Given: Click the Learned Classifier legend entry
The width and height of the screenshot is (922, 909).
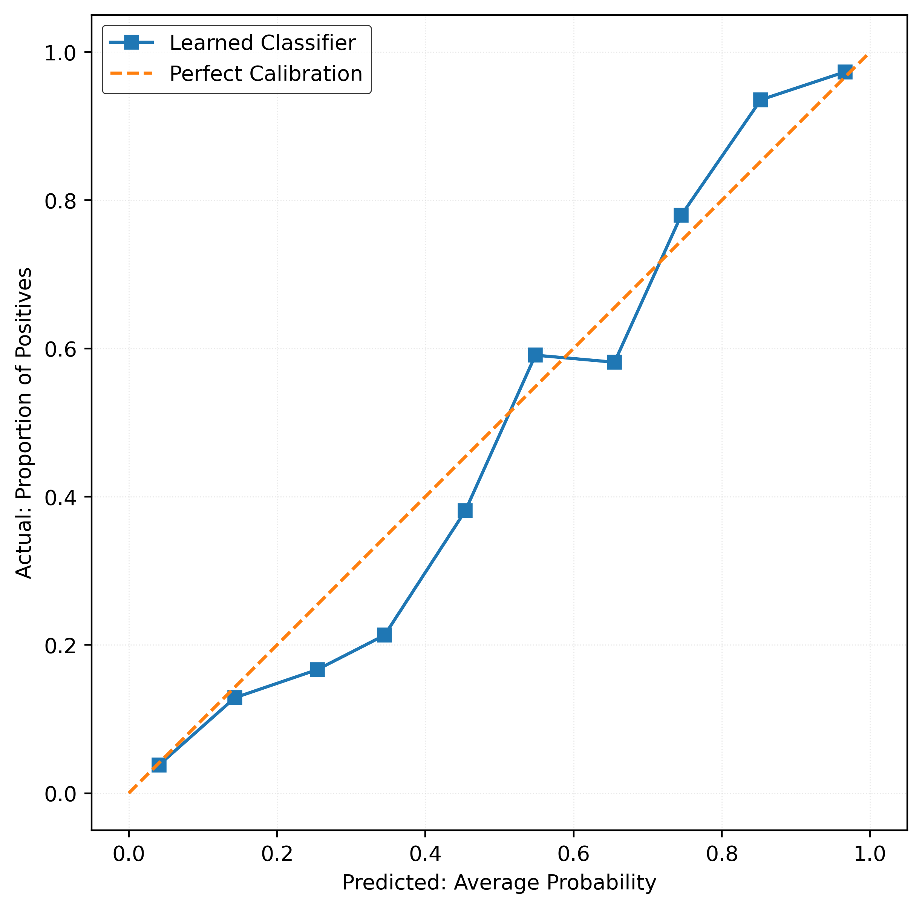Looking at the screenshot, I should coord(262,43).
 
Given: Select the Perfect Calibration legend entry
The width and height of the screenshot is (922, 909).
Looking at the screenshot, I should coord(265,73).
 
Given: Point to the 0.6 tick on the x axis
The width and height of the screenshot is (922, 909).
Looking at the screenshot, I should coord(573,830).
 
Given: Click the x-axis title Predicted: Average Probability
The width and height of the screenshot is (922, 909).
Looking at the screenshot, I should coord(499,883).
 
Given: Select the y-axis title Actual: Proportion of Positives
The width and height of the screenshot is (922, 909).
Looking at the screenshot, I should coord(24,423).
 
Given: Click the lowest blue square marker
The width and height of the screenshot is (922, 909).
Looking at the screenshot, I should coord(159,765).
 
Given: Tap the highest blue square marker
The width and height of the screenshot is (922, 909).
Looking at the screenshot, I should coord(845,72).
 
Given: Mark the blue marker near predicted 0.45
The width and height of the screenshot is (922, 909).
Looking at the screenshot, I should coord(465,511).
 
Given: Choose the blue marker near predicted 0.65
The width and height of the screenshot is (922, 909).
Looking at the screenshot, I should coord(614,362).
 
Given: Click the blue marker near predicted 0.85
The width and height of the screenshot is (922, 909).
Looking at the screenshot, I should coord(761,100).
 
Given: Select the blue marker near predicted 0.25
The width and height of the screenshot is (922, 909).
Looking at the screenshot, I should coord(317,669).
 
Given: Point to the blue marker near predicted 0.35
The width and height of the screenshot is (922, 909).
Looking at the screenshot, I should coord(384,635).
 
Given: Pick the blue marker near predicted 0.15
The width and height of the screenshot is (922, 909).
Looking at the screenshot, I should coord(235,698).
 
